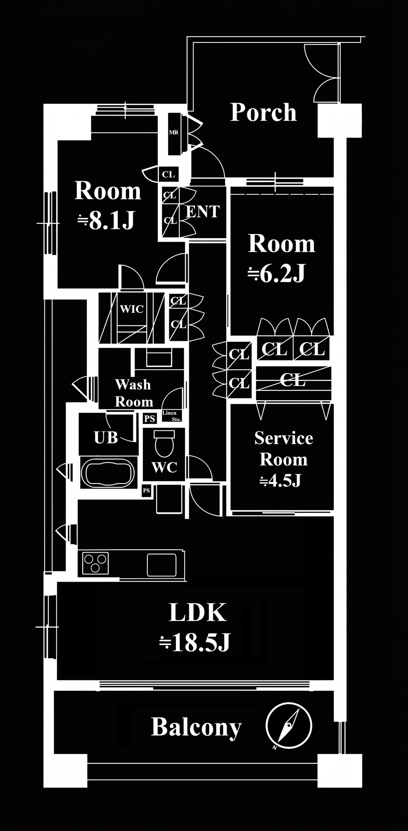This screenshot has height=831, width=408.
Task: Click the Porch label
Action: click(264, 112)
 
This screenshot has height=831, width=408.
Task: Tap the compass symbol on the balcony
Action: click(288, 726)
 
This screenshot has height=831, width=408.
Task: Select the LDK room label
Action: click(198, 612)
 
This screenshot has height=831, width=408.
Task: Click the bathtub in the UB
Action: click(108, 472)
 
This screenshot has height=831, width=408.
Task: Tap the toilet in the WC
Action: click(164, 443)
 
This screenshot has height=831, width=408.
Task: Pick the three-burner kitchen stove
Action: click(95, 563)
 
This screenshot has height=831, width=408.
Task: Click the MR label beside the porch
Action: click(173, 133)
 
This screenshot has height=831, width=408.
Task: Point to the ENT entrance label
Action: click(203, 212)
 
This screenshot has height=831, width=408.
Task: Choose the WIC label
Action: click(132, 309)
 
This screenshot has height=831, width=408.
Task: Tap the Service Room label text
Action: click(283, 449)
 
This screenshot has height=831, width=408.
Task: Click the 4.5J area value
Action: click(281, 481)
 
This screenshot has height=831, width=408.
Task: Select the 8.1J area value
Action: click(107, 220)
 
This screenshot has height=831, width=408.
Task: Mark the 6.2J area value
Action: click(277, 273)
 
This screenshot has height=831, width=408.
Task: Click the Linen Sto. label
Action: click(171, 416)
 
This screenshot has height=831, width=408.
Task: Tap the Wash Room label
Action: click(134, 393)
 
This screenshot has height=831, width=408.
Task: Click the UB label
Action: click(106, 438)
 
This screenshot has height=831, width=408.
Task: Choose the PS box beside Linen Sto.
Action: click(149, 418)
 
